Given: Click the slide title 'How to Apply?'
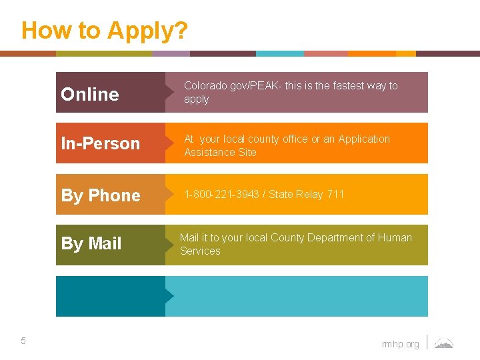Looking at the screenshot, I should pyautogui.click(x=105, y=31).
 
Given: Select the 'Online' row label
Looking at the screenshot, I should pyautogui.click(x=90, y=95).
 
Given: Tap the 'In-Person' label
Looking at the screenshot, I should pyautogui.click(x=101, y=143).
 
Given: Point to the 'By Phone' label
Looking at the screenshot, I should pyautogui.click(x=101, y=195).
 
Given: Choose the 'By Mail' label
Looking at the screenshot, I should pyautogui.click(x=91, y=243).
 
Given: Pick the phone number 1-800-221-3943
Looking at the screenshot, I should pyautogui.click(x=221, y=194).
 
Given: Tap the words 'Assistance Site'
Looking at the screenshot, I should pyautogui.click(x=220, y=152).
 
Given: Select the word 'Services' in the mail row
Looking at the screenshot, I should pyautogui.click(x=200, y=251).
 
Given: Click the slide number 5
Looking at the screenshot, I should pyautogui.click(x=23, y=341).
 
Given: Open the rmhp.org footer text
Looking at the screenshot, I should pyautogui.click(x=401, y=344).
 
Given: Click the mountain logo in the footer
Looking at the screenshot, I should pyautogui.click(x=444, y=343).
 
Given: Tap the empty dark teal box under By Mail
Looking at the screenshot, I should pyautogui.click(x=111, y=296).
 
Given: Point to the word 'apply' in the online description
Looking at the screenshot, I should pyautogui.click(x=196, y=99).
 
